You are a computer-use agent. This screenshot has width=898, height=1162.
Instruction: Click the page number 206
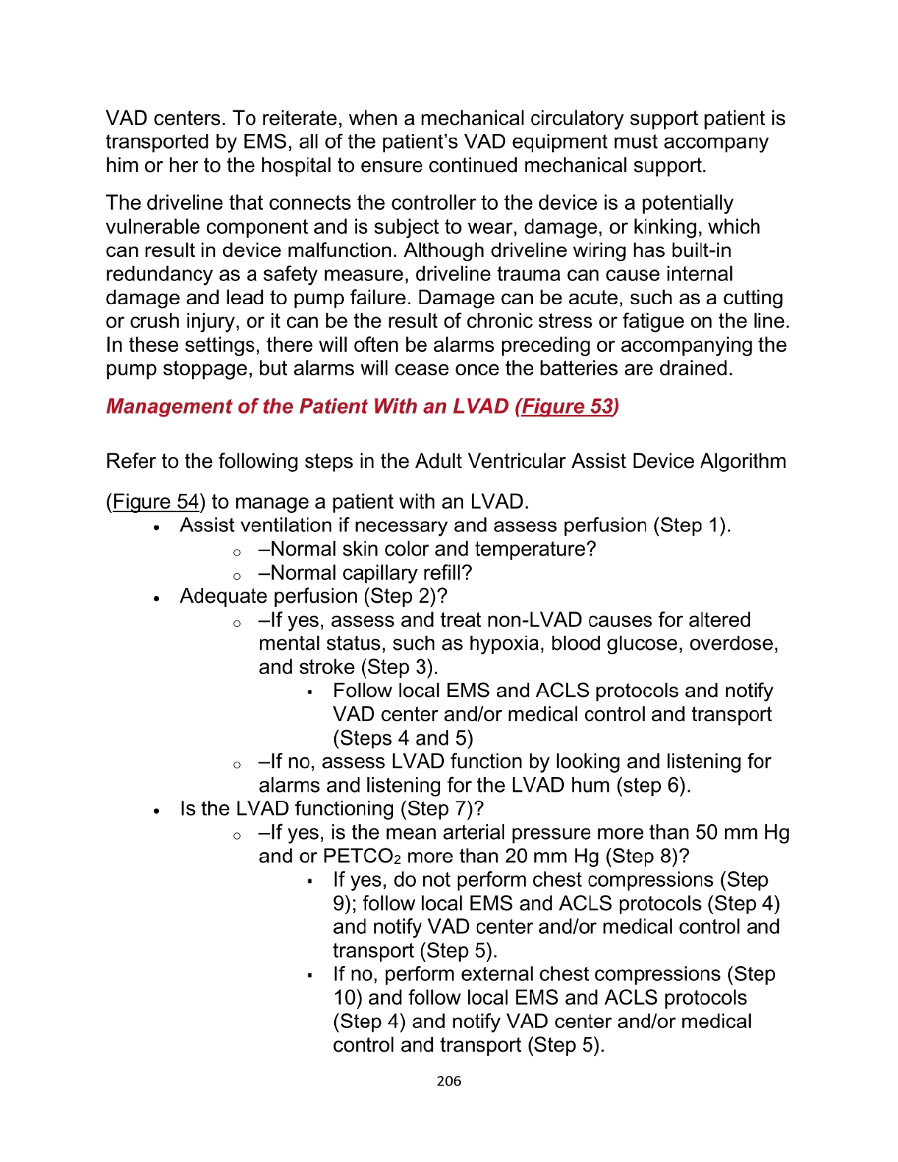[x=448, y=1080]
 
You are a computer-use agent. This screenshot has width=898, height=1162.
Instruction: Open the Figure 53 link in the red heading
[x=567, y=406]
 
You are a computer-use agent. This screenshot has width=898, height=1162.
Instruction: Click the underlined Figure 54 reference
[x=155, y=502]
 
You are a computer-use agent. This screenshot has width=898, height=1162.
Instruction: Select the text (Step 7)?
[x=442, y=809]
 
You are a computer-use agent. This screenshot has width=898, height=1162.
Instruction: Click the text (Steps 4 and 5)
[x=403, y=738]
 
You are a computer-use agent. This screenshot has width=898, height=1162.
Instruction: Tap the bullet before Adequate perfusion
[x=157, y=598]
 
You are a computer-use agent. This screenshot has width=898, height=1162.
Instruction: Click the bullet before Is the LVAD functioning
[x=157, y=810]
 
